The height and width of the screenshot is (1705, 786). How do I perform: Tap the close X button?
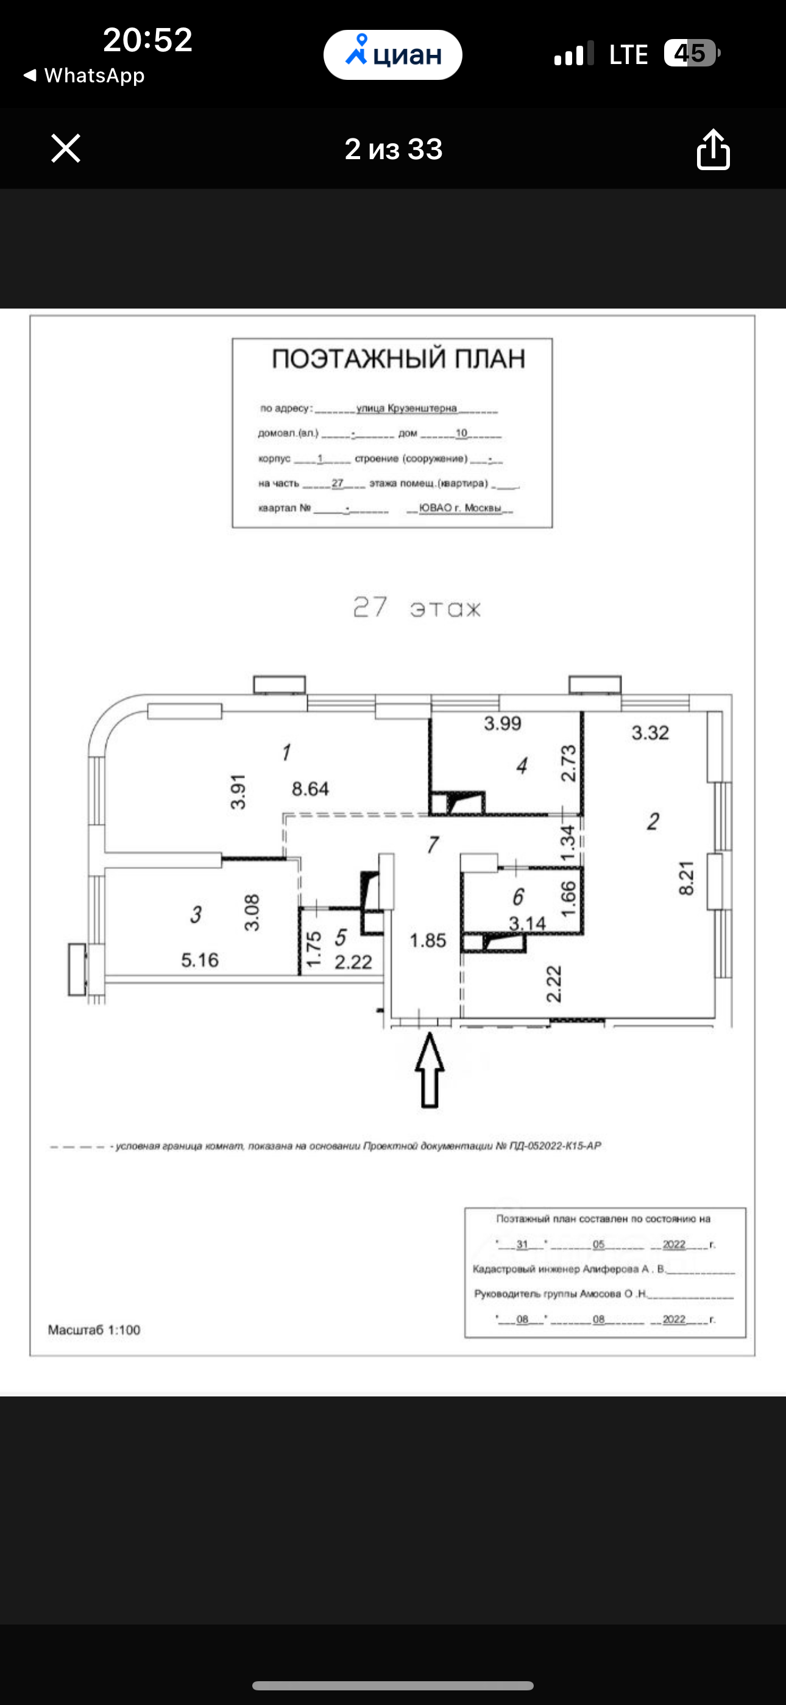(x=66, y=148)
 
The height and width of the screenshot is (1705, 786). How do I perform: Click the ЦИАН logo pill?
(x=393, y=55)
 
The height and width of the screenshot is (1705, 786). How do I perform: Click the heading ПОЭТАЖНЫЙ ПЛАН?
(x=398, y=359)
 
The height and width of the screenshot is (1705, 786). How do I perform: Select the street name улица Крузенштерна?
(x=406, y=409)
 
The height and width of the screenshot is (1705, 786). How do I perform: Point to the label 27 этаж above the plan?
(x=417, y=607)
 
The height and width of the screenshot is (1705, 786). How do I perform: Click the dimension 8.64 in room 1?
(x=310, y=789)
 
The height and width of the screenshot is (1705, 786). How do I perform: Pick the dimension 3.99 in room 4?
(x=502, y=723)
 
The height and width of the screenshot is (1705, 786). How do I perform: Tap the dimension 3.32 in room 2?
(x=650, y=733)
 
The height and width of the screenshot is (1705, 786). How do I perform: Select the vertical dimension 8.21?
(x=687, y=878)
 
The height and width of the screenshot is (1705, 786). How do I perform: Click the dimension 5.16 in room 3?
(x=200, y=960)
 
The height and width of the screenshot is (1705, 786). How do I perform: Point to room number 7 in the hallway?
(x=433, y=845)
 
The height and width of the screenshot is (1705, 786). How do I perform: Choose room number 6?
(x=518, y=897)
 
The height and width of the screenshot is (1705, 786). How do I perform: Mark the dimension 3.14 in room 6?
(x=527, y=923)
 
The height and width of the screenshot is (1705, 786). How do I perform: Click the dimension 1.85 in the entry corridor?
(x=427, y=940)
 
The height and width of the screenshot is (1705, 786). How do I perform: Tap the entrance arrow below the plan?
(x=430, y=1070)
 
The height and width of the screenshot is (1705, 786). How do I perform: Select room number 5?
(x=341, y=937)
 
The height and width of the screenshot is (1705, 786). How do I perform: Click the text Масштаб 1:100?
(x=94, y=1330)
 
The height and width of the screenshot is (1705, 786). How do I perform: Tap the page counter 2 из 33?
(x=393, y=149)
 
